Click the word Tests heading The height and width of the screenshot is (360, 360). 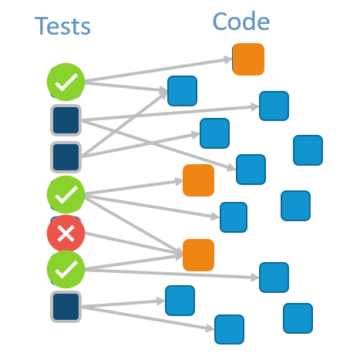pyautogui.click(x=62, y=26)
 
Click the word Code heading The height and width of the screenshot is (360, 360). pyautogui.click(x=241, y=22)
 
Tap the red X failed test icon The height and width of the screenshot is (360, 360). pyautogui.click(x=66, y=234)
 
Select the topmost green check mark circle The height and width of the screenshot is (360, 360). pyautogui.click(x=66, y=81)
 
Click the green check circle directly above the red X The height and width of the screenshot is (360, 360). pyautogui.click(x=66, y=194)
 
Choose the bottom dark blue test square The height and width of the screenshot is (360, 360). pyautogui.click(x=66, y=306)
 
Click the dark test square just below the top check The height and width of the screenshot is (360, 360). pyautogui.click(x=66, y=120)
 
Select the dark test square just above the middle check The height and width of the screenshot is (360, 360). pyautogui.click(x=66, y=156)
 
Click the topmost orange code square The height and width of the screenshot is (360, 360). pyautogui.click(x=248, y=59)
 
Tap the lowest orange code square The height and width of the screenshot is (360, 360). pyautogui.click(x=198, y=254)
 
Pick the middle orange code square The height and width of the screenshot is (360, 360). pyautogui.click(x=198, y=180)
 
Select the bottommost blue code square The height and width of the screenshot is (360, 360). pyautogui.click(x=229, y=329)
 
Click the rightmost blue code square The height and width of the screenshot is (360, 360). pyautogui.click(x=308, y=150)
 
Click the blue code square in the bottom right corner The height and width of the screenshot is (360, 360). pyautogui.click(x=298, y=318)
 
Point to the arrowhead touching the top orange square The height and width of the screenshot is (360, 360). pyautogui.click(x=229, y=59)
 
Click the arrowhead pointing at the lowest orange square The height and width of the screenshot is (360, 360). pyautogui.click(x=180, y=253)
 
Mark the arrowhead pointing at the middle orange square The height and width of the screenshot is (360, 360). pyautogui.click(x=179, y=182)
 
